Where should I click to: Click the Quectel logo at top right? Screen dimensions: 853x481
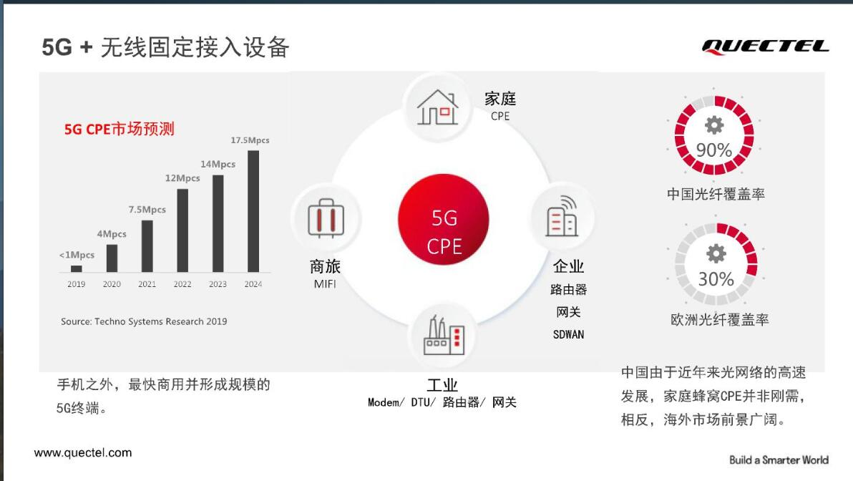(765, 47)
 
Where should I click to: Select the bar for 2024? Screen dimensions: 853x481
(253, 211)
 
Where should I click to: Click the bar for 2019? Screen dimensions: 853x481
(76, 269)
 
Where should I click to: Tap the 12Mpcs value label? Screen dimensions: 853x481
(182, 178)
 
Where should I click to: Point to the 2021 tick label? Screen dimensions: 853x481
(147, 284)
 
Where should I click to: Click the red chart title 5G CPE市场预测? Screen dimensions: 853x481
(119, 129)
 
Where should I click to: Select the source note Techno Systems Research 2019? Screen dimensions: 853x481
(144, 321)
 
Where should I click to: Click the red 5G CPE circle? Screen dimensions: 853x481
(444, 219)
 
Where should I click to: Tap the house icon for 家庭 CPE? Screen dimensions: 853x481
(437, 107)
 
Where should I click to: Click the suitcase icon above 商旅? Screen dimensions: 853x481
(326, 218)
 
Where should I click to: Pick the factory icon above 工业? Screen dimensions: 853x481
(444, 335)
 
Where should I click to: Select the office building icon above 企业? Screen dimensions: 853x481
(562, 216)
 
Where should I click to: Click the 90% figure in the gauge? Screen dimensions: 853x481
(713, 150)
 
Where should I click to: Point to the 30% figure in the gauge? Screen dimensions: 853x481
(716, 279)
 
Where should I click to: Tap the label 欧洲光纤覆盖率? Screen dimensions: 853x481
(719, 319)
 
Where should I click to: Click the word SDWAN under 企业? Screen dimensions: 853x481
(568, 335)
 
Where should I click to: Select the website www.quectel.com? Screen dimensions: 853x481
(83, 452)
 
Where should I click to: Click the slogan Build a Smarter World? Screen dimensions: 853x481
(779, 460)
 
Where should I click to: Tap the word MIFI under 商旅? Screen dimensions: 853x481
(325, 284)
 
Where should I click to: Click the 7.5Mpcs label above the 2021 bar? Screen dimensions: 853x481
(147, 210)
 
